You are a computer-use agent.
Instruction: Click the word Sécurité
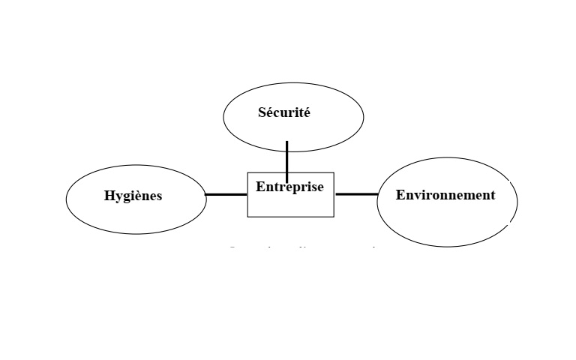point(284,113)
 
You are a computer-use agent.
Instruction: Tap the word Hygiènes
point(133,196)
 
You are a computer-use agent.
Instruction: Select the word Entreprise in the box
point(289,187)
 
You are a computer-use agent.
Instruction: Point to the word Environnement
point(445,195)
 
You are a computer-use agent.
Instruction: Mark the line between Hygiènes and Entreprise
point(226,194)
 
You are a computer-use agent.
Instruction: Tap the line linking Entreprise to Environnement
point(356,194)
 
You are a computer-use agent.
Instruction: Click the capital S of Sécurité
point(262,113)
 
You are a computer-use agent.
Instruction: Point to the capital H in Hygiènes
point(109,196)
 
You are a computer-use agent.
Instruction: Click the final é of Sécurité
point(306,113)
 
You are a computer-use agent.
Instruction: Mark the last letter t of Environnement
point(492,195)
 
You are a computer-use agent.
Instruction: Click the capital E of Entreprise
point(260,187)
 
